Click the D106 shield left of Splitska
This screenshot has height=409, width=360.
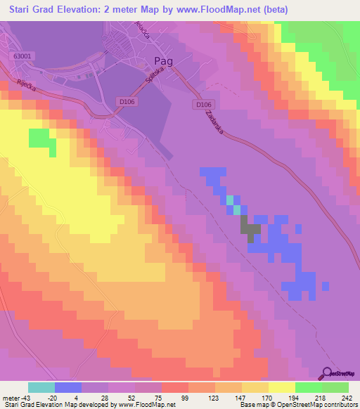point(126,102)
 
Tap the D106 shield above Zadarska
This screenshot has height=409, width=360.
point(202,104)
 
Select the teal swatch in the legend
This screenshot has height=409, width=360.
point(41,387)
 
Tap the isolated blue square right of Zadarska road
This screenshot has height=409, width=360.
point(298,228)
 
